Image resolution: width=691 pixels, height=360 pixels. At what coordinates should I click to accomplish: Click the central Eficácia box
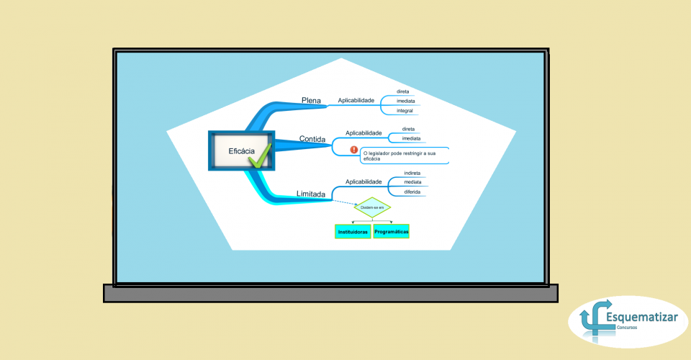pyautogui.click(x=241, y=150)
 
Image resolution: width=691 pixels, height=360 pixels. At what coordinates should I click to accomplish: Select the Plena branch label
pyautogui.click(x=311, y=100)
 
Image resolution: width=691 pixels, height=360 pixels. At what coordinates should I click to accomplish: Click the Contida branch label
pyautogui.click(x=312, y=139)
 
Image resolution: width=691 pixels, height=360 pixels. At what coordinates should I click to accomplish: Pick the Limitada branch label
pyautogui.click(x=310, y=194)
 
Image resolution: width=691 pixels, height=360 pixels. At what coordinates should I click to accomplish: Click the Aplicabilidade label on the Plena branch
pyautogui.click(x=356, y=100)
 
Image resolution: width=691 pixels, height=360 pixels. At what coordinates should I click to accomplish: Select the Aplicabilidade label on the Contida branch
pyautogui.click(x=363, y=132)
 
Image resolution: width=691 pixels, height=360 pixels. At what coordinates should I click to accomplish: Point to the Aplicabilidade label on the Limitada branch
pyautogui.click(x=363, y=181)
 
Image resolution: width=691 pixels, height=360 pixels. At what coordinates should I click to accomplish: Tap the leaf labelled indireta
pyautogui.click(x=412, y=173)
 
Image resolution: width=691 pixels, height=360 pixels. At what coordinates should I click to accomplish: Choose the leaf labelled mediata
pyautogui.click(x=412, y=182)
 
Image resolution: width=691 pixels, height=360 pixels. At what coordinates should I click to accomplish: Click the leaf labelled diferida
pyautogui.click(x=412, y=192)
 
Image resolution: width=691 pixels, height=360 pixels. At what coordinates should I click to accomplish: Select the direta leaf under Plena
pyautogui.click(x=403, y=91)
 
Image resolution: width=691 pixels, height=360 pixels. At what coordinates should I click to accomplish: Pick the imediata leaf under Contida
pyautogui.click(x=411, y=138)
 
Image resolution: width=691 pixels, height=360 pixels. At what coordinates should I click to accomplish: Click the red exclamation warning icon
pyautogui.click(x=354, y=150)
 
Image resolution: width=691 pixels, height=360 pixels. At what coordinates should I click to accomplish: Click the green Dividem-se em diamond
pyautogui.click(x=372, y=207)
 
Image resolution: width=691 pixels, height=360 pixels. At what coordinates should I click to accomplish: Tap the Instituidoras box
pyautogui.click(x=353, y=232)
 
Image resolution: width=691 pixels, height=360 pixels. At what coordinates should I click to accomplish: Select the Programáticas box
pyautogui.click(x=392, y=232)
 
